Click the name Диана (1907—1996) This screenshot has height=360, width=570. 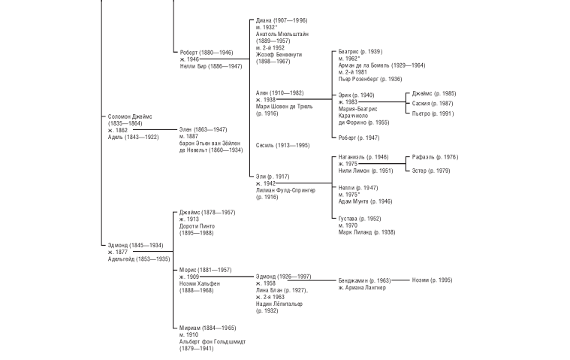pos(281,20)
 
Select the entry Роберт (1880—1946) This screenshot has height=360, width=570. pos(206,53)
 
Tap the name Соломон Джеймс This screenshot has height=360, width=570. pos(130,116)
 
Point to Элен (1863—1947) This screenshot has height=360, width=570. pos(203,129)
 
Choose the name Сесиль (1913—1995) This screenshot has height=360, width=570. pos(282,145)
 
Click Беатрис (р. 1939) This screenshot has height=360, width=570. pos(360,52)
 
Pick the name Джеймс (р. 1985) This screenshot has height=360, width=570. pos(433,94)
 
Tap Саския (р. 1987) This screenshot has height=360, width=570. pos(433,104)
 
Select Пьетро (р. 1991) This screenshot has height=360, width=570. pos(433,113)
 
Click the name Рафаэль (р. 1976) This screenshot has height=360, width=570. pos(435,157)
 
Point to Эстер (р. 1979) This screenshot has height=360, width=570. pos(431,171)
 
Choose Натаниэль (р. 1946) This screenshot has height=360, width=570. pos(363,157)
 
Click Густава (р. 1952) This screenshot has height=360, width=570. pos(359,219)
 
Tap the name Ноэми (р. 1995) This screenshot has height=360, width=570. pos(432,280)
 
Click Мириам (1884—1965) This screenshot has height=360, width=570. pos(207,328)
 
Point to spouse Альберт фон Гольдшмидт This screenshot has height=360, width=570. pos(212,341)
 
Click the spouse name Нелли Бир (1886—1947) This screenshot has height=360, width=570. pos(210,66)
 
